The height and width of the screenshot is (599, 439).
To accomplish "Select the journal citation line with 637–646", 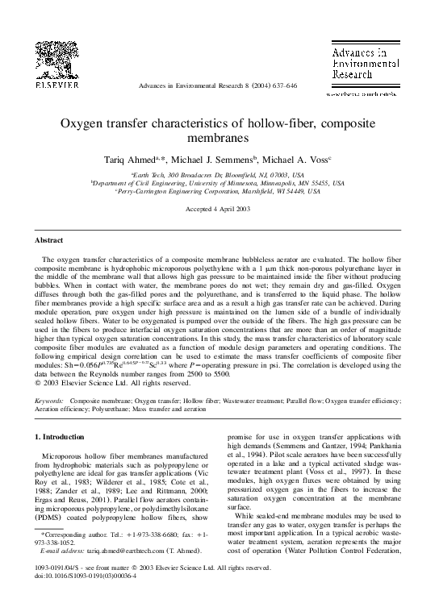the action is [x=219, y=85].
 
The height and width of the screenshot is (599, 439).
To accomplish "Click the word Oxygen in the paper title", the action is [x=82, y=124].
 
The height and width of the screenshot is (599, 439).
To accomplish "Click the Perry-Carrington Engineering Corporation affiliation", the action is [x=219, y=193].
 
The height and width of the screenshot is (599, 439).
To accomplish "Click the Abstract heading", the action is [x=49, y=240].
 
